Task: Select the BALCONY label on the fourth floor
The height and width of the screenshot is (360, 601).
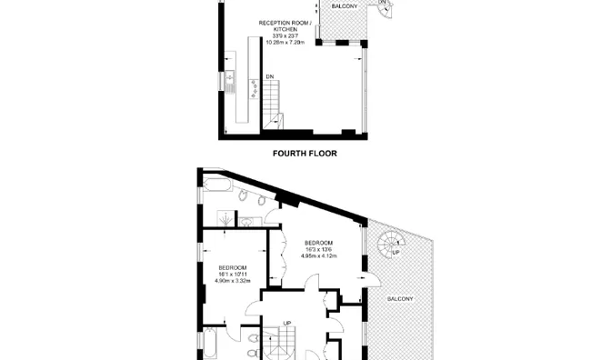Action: tap(344, 7)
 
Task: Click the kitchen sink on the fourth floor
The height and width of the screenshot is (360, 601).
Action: tap(231, 86)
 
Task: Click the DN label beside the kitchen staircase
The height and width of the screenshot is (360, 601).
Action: tap(270, 75)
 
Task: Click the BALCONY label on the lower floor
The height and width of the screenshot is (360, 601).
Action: tap(400, 298)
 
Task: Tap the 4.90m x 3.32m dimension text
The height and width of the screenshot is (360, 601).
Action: tap(232, 281)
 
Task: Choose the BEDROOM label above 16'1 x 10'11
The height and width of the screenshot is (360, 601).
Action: tap(232, 267)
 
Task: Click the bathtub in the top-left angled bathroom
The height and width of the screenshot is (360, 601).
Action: tap(219, 187)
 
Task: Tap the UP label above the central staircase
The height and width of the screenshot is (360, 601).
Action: tap(286, 323)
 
